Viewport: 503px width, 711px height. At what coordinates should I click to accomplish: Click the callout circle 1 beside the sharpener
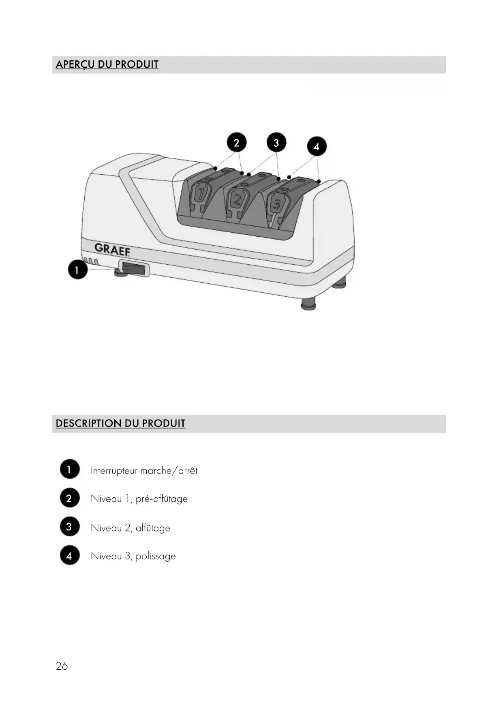[77, 270]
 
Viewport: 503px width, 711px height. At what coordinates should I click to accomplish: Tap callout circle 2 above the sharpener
[236, 142]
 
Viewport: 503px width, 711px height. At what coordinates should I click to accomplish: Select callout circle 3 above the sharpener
[276, 143]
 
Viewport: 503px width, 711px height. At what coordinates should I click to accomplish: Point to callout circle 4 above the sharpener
[317, 146]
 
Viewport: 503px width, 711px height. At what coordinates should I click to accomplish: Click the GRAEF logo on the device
[112, 249]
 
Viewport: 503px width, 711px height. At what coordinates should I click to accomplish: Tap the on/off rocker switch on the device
[133, 270]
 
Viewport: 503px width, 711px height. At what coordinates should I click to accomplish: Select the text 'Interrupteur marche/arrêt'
[144, 471]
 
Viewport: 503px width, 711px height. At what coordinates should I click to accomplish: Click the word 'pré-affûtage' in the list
[162, 499]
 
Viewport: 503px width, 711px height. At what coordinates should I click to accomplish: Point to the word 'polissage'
[156, 556]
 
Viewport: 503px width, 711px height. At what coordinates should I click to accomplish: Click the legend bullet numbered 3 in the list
[69, 527]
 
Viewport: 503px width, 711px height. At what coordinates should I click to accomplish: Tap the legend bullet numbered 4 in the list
[69, 555]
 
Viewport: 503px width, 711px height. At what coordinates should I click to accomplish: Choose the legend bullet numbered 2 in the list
[69, 498]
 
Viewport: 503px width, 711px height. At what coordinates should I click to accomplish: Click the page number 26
[62, 666]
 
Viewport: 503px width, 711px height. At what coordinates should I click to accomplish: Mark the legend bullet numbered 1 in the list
[69, 469]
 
